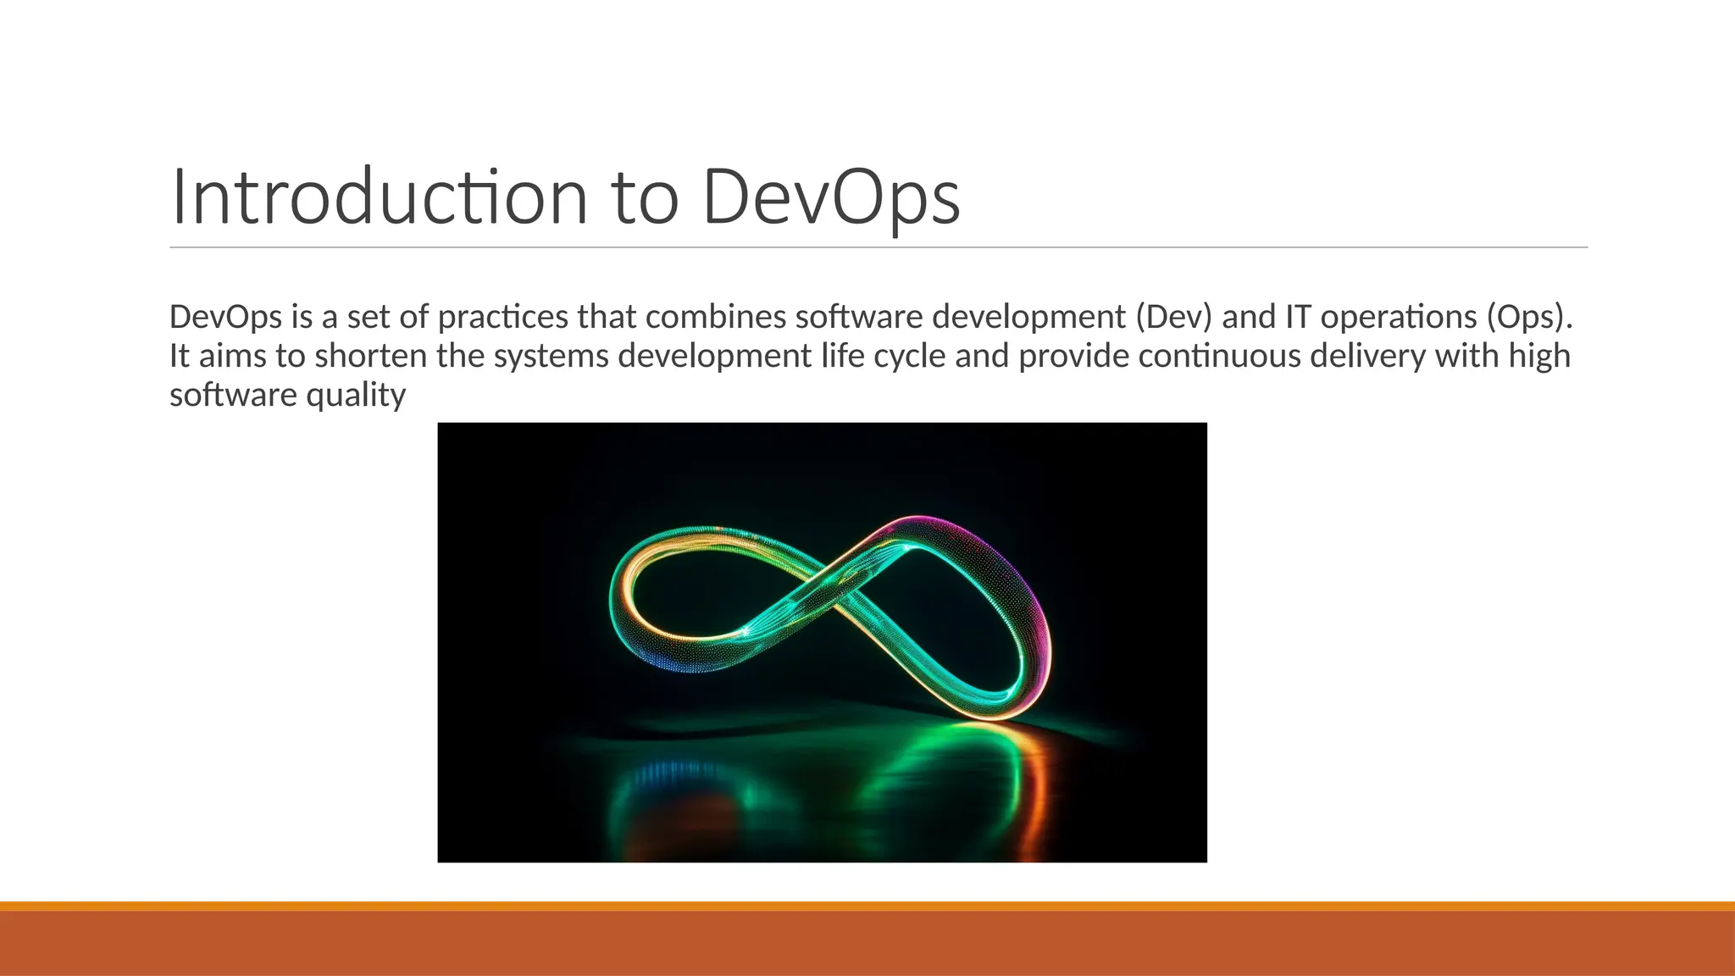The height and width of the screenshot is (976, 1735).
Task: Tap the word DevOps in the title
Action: click(x=831, y=197)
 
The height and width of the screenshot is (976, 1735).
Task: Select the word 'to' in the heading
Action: click(x=645, y=197)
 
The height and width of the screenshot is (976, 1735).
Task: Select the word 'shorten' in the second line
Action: click(x=370, y=356)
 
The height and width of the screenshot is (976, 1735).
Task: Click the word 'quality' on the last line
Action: click(x=356, y=396)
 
